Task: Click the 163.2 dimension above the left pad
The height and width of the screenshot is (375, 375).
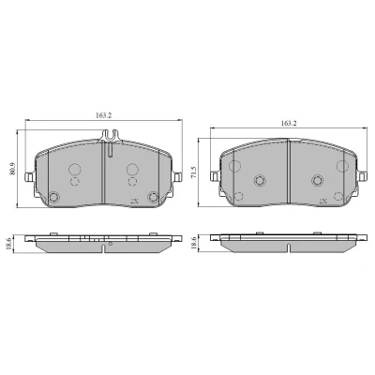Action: pyautogui.click(x=103, y=115)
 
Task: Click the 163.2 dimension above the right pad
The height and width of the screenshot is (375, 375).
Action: pyautogui.click(x=289, y=123)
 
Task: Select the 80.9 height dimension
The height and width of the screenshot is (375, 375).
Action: pyautogui.click(x=12, y=169)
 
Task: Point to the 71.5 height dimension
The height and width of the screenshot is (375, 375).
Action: pyautogui.click(x=194, y=172)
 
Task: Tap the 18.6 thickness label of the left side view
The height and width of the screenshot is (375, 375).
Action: pyautogui.click(x=8, y=243)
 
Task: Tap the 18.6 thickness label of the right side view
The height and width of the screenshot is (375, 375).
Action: pyautogui.click(x=194, y=243)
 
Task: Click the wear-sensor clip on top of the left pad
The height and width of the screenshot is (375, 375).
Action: pyautogui.click(x=111, y=135)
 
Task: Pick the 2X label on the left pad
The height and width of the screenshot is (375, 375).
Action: pyautogui.click(x=135, y=201)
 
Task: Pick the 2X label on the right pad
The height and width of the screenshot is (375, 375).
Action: pyautogui.click(x=323, y=201)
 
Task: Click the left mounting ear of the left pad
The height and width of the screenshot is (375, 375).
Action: pyautogui.click(x=29, y=177)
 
